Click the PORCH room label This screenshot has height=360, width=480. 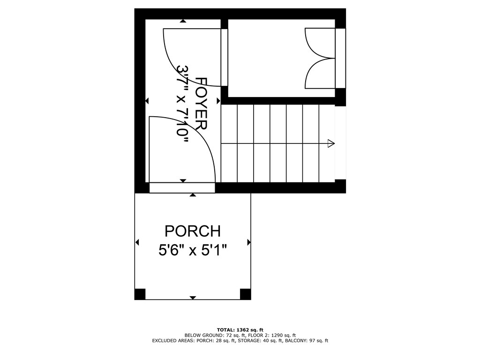point(192,231)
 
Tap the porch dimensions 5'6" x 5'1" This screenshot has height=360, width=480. point(192,250)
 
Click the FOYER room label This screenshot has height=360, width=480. point(202,104)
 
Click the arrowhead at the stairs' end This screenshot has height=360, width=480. point(331,143)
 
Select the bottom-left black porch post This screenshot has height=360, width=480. point(140,294)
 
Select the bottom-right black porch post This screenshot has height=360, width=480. point(245,294)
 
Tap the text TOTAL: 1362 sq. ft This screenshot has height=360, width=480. point(240,330)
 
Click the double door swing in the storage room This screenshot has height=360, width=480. point(319,58)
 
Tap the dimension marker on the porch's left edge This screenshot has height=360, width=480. point(137,242)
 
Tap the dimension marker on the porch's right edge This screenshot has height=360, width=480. point(248,242)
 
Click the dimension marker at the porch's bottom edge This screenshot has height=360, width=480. point(193,298)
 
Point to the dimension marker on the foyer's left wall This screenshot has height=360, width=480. point(147,101)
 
